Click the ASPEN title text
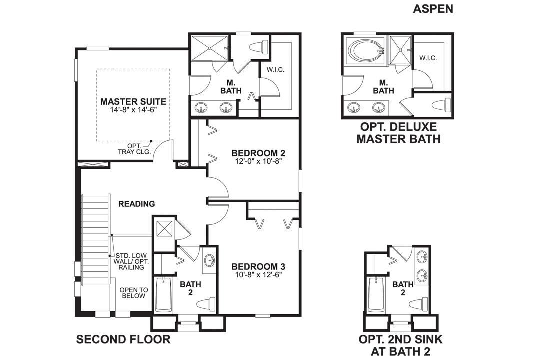(x=433, y=9)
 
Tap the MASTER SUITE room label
(x=133, y=101)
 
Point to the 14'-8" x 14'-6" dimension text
(x=133, y=110)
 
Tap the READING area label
(x=136, y=204)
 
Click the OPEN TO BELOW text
(x=133, y=293)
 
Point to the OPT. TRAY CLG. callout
(x=131, y=148)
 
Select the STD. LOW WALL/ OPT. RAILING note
(x=131, y=261)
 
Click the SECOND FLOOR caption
(x=123, y=340)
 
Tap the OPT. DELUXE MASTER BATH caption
(x=398, y=133)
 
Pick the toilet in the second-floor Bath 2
(x=207, y=303)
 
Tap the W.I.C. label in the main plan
(x=275, y=70)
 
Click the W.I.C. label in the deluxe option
(x=428, y=58)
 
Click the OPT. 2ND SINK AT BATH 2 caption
(x=401, y=345)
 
